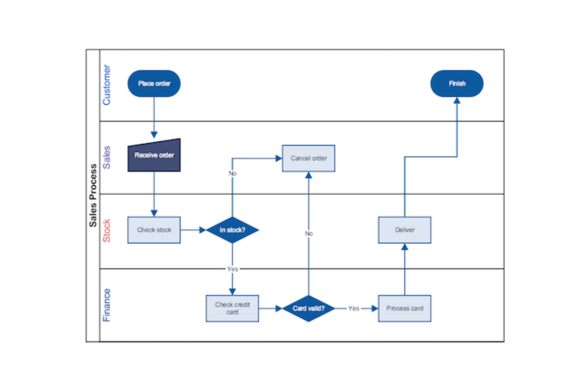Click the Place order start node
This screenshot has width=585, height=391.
coord(154,83)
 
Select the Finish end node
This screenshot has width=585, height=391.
coord(457,83)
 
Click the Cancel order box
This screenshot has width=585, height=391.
coord(308,158)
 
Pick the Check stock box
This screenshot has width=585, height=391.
coord(154,230)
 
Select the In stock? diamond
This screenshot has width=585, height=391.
coord(232,230)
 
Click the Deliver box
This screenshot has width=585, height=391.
coord(404,230)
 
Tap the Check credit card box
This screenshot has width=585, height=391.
coord(232,308)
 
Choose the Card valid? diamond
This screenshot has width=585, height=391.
coord(308,308)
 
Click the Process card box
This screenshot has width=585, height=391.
coord(404,308)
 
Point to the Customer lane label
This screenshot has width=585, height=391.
coord(106,85)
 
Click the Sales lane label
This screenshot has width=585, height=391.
coord(106,157)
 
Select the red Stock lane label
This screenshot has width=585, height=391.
coord(106,230)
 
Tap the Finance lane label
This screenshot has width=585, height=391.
coord(106,305)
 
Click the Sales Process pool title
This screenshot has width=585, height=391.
coord(93,195)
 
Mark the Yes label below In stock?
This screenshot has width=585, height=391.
coord(232,269)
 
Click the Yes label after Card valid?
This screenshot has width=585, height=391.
coord(354,308)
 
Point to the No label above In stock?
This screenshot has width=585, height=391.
coord(232,173)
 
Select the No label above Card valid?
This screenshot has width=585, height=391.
coord(309,233)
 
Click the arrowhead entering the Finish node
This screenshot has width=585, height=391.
coord(457,100)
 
